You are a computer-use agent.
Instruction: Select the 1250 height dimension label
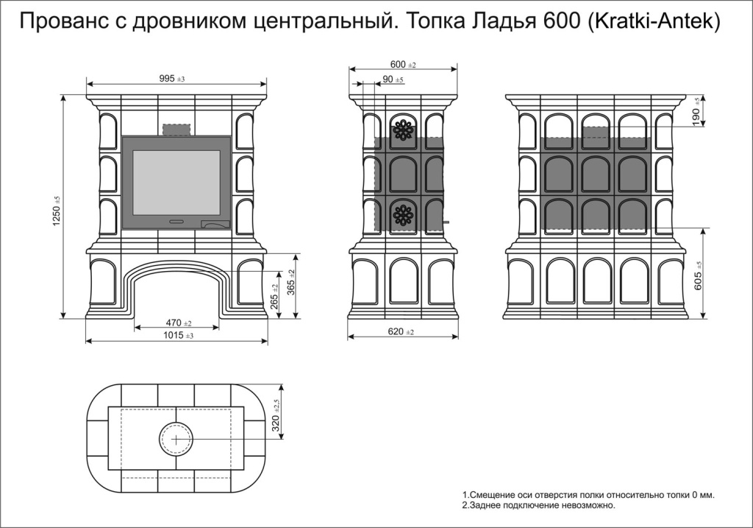tap(57, 212)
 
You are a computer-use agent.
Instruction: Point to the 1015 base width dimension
tap(178, 335)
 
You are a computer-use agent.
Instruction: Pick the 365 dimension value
tap(291, 281)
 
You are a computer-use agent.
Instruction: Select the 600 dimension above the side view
tap(403, 65)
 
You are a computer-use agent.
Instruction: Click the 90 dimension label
tap(393, 79)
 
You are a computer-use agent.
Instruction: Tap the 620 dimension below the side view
tap(401, 331)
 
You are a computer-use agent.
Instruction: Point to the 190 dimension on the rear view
tap(698, 111)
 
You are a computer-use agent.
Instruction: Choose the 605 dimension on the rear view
tap(699, 275)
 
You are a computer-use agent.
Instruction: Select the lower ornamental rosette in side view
tap(404, 214)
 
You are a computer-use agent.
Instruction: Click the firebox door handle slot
tap(176, 222)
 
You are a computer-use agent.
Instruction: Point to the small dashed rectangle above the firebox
tap(176, 130)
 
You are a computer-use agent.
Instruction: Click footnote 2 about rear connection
tap(538, 505)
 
